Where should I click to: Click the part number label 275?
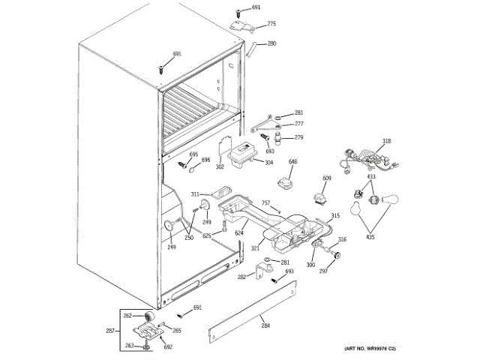271,24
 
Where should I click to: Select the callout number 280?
271,43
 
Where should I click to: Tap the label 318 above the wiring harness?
386,141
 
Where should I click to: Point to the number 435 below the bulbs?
369,237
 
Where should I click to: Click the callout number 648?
292,162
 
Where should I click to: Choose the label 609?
326,178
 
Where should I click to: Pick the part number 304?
268,163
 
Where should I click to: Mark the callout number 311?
194,193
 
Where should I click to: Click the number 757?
265,202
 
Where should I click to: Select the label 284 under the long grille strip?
265,325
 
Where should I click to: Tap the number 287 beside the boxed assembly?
109,330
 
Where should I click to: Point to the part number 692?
168,346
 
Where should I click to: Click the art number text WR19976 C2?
370,349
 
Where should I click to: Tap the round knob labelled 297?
335,257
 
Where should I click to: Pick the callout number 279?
298,137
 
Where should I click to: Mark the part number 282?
242,277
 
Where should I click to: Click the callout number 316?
342,240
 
